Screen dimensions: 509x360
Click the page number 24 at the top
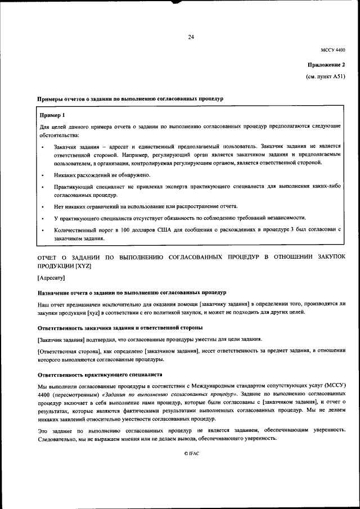191,37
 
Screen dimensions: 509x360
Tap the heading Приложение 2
330,65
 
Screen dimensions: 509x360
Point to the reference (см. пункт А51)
326,76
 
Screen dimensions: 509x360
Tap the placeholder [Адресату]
52,278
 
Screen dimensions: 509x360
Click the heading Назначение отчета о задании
132,292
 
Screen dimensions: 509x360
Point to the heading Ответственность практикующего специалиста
100,374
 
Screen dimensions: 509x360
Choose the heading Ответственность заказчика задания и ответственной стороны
120,327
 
